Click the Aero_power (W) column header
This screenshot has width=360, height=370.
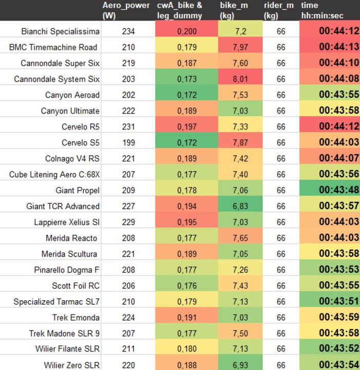tap(126, 10)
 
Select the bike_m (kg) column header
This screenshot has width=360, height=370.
tap(234, 10)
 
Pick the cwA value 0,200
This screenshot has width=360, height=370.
tap(187, 31)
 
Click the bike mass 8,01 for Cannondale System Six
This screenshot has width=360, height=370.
tap(240, 79)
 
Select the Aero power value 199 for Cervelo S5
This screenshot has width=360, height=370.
tap(128, 142)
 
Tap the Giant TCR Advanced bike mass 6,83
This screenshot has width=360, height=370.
tap(240, 206)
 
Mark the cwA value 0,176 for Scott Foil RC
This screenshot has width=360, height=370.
tap(187, 286)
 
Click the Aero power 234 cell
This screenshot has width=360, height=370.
tap(128, 31)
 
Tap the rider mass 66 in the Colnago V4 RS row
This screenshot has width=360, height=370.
tap(281, 158)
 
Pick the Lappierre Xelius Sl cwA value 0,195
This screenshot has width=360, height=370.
tap(187, 222)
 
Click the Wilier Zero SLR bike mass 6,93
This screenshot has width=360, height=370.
tap(240, 365)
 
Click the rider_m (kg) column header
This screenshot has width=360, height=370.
tap(279, 10)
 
